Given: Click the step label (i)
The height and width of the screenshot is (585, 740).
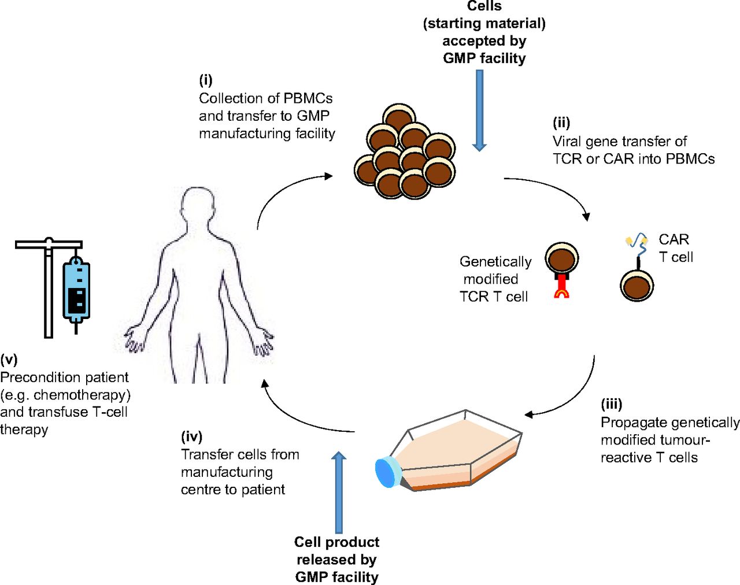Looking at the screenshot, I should (x=206, y=80).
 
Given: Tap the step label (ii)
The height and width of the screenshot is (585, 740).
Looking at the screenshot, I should (x=561, y=123).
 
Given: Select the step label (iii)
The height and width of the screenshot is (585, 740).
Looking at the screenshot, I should (x=612, y=404).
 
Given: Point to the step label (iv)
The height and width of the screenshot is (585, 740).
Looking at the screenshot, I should (x=192, y=436).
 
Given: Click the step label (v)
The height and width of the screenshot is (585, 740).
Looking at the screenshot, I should (x=9, y=360).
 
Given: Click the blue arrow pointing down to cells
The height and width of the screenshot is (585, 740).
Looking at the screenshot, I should (x=479, y=110).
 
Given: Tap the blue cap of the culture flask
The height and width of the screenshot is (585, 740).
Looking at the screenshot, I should (x=386, y=472).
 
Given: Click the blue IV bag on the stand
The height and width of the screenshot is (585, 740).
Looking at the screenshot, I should (x=76, y=289).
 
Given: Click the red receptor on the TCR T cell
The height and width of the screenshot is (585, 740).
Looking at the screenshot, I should (x=561, y=286).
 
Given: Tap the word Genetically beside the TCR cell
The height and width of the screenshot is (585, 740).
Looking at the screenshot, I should (x=495, y=262).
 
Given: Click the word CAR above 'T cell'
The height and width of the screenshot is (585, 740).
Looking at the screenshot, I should (x=674, y=239).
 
